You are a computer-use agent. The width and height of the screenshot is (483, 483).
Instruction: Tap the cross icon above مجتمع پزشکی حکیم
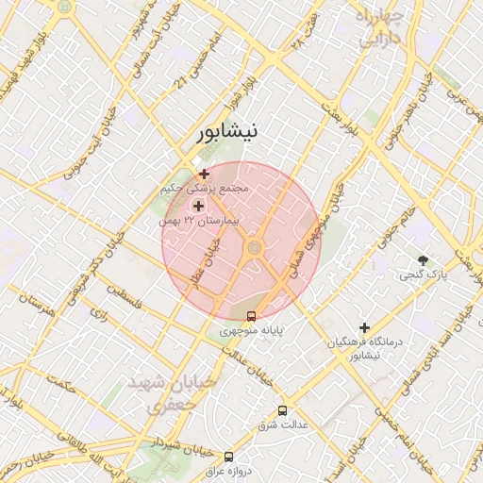[x=205, y=174]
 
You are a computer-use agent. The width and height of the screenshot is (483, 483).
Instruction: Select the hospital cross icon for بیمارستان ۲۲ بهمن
[x=198, y=206]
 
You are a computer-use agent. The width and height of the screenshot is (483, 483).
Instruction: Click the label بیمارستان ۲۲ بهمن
[x=199, y=220]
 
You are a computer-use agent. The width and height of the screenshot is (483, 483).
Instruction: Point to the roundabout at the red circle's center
[x=253, y=248]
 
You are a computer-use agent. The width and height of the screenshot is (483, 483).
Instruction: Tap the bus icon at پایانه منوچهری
[x=251, y=316]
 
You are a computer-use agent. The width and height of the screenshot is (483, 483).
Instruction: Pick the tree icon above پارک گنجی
[x=423, y=260]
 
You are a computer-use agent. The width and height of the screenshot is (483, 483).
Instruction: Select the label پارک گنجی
[x=422, y=275]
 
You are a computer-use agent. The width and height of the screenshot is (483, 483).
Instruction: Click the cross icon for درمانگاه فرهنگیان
[x=364, y=327]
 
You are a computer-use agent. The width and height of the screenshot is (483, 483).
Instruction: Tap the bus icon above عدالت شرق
[x=282, y=410]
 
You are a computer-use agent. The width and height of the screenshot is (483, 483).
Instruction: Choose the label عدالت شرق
[x=283, y=425]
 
